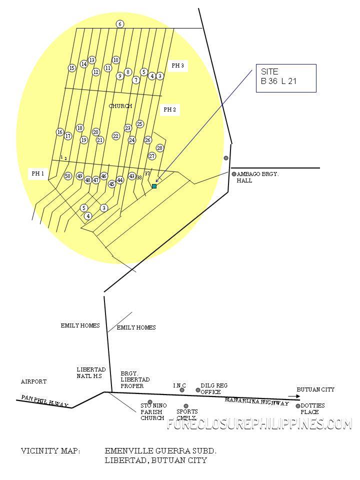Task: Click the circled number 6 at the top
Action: [x=120, y=24]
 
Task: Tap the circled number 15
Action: [x=72, y=68]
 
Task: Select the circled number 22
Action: [x=115, y=136]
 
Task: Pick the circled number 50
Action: [x=68, y=176]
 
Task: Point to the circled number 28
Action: [x=160, y=148]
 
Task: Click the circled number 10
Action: [x=115, y=60]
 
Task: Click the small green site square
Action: [x=154, y=186]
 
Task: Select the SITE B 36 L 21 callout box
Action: [x=286, y=78]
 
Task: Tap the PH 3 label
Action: [x=178, y=65]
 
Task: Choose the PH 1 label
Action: [x=38, y=173]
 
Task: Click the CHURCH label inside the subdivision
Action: [x=120, y=106]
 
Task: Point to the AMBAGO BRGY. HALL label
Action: [x=258, y=177]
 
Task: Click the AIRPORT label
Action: [x=33, y=381]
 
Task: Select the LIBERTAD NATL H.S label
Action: [x=91, y=372]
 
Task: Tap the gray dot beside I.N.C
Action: [x=182, y=390]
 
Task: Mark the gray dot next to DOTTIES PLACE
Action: [x=298, y=406]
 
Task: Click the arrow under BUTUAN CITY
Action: [x=294, y=396]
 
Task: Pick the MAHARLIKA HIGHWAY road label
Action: [x=257, y=401]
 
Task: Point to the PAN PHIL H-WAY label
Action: [x=44, y=401]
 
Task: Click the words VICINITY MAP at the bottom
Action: [x=50, y=451]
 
